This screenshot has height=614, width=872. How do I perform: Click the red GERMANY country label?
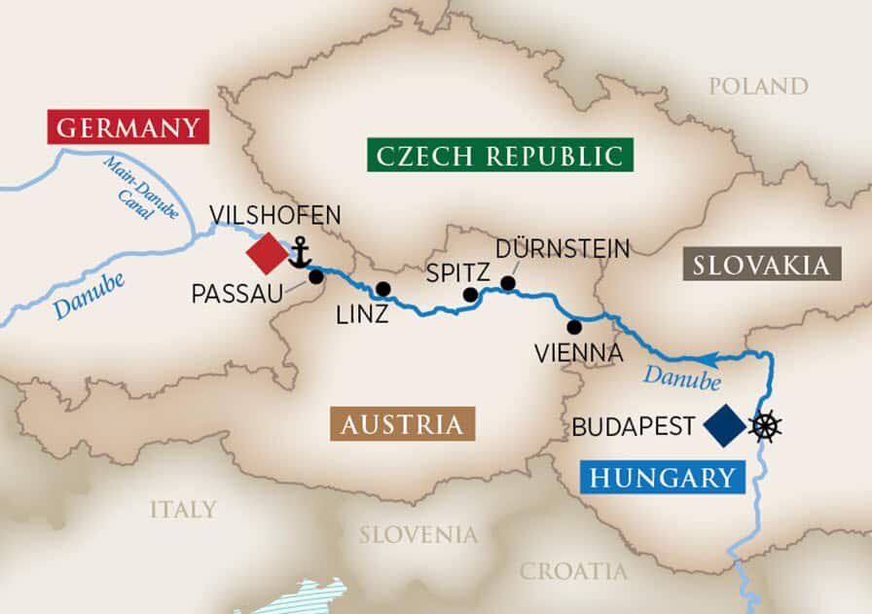point(127,127)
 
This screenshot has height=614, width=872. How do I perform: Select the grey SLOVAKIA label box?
point(762,264)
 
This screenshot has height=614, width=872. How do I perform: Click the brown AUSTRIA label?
point(402,424)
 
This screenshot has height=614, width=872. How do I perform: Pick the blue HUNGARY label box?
point(661,477)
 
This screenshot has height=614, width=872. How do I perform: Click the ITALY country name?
point(183,509)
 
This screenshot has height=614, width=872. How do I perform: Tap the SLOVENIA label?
point(418,534)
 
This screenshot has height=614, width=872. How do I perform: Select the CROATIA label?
point(573,570)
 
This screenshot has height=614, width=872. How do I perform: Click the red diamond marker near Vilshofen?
point(266,254)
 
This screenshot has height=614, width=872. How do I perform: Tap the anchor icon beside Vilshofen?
point(299,255)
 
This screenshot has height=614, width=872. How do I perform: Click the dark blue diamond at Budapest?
point(724,426)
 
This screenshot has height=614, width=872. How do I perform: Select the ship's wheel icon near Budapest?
point(766,425)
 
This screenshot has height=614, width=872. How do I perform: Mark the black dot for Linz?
point(383,288)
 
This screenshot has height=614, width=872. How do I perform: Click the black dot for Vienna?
point(574,326)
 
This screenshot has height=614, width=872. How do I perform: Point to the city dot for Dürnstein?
point(507,283)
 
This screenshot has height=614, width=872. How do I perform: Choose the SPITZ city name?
point(457,272)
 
